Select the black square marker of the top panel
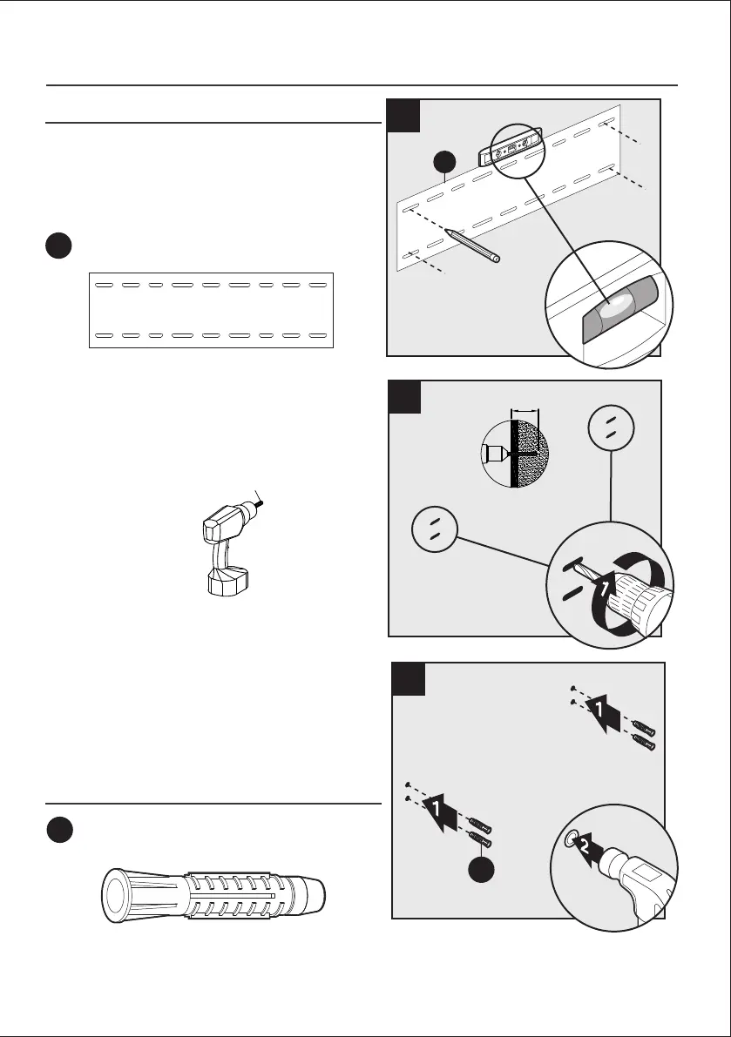(404, 116)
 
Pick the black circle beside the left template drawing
(59, 246)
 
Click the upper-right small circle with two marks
(612, 427)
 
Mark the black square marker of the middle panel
(405, 396)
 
